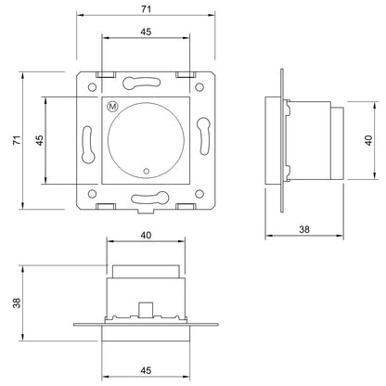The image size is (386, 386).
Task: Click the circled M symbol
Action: pos(112,107)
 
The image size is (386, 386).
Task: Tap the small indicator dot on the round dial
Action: pos(147,171)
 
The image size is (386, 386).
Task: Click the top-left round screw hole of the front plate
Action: pos(92,87)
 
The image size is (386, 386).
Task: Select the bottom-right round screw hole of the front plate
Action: pos(199,194)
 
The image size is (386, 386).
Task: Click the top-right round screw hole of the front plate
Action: pos(199,87)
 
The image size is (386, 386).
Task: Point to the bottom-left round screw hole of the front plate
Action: pos(92,194)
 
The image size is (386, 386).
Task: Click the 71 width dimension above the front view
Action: pos(146,9)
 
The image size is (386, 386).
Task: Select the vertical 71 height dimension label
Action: pos(17,140)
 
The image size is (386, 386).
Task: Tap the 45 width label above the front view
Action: pos(146,32)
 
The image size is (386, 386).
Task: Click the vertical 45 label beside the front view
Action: pos(40,140)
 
